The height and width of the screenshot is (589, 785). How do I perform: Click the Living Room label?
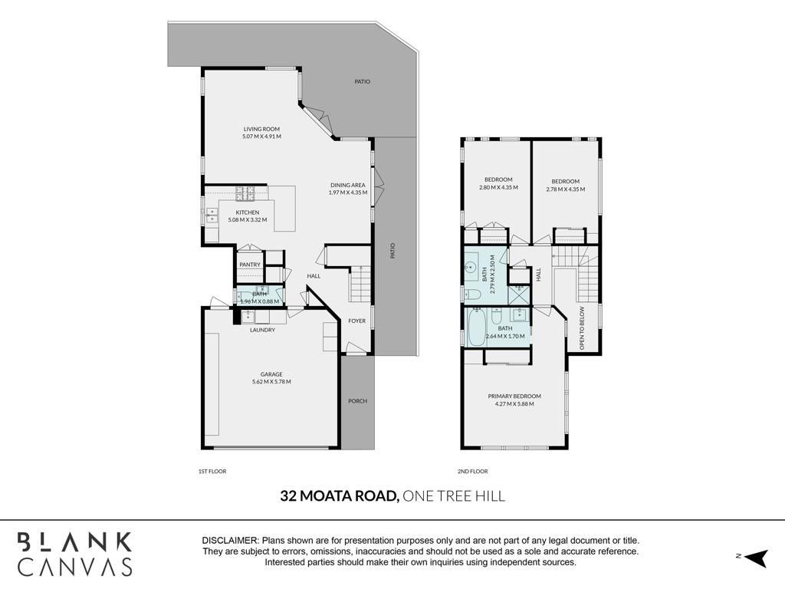[x=261, y=129]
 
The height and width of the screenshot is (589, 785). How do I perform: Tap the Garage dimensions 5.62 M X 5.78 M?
[x=271, y=382]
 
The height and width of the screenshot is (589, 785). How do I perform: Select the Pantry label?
[x=250, y=265]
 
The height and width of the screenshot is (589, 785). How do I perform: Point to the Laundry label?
[x=262, y=330]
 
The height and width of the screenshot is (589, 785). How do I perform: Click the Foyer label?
[x=357, y=321]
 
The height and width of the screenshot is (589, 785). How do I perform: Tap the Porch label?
[x=357, y=401]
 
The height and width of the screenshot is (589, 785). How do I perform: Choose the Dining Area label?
[x=348, y=185]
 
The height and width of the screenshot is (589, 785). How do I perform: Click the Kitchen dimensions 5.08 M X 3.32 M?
[x=248, y=220]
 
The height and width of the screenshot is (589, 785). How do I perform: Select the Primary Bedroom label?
[x=514, y=397]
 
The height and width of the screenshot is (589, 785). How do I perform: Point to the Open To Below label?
[x=582, y=328]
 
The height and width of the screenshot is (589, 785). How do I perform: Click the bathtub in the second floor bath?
[x=475, y=327]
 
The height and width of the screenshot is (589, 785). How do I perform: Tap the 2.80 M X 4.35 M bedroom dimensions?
[x=498, y=188]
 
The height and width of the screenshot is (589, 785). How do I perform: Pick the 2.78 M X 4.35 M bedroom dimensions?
[x=565, y=189]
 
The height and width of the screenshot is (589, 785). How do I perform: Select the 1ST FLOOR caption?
[x=212, y=472]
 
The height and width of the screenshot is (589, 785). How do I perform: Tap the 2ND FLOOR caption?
[x=472, y=472]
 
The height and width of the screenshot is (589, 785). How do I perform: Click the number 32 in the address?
[x=288, y=496]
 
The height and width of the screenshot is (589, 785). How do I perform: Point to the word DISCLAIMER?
[x=230, y=541]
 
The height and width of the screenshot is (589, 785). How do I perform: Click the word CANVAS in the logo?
[x=75, y=567]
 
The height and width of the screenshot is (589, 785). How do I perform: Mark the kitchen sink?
[x=212, y=216]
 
